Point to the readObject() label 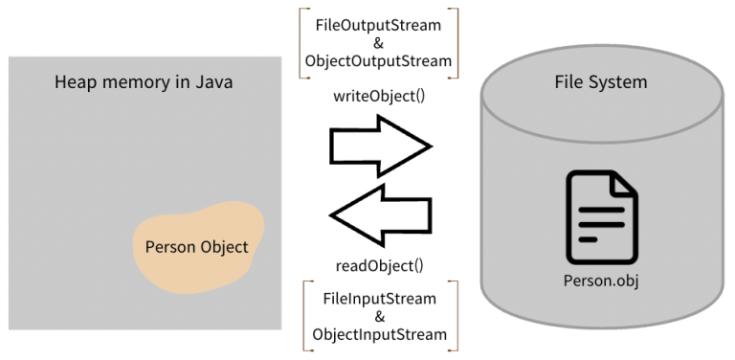[380, 265]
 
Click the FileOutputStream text [380, 24]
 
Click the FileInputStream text [380, 298]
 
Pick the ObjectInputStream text [380, 334]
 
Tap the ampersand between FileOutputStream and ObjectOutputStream [380, 43]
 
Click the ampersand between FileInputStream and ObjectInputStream [380, 316]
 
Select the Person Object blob [197, 245]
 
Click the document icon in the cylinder [601, 216]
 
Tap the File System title [601, 82]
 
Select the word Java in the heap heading [215, 82]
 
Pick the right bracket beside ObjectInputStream [457, 316]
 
